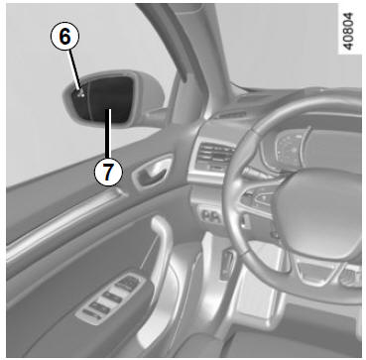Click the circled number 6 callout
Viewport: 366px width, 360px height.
click(64, 37)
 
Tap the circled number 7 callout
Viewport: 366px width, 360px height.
click(108, 172)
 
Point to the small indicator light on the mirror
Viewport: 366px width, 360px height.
click(80, 94)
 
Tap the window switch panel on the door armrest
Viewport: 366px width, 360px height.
click(111, 299)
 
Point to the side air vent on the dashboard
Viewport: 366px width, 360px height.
click(215, 156)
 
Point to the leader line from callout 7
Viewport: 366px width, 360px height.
click(108, 134)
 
